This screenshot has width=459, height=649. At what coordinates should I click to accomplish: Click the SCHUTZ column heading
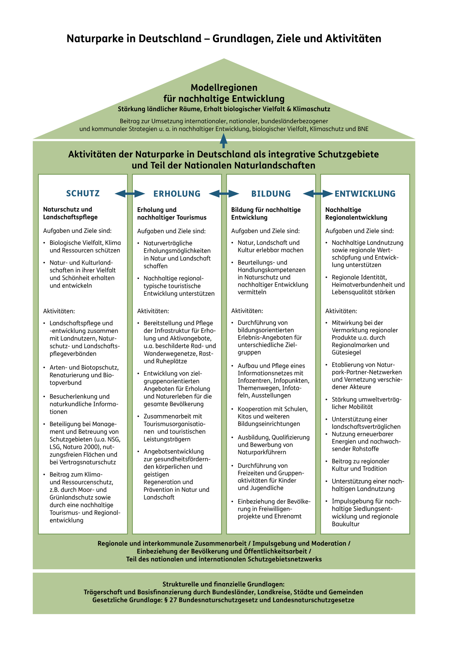click(x=83, y=193)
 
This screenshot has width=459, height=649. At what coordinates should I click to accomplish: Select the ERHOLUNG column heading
click(x=177, y=194)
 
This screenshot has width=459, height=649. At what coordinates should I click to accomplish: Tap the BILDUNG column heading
click(x=271, y=194)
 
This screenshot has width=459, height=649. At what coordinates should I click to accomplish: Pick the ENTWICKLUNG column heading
click(x=365, y=194)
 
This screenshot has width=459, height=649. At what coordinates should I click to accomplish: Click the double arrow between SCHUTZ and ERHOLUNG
click(x=130, y=194)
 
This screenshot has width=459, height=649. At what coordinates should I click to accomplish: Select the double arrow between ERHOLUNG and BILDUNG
click(x=224, y=194)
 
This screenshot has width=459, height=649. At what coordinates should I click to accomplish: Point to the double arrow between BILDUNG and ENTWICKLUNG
click(x=318, y=194)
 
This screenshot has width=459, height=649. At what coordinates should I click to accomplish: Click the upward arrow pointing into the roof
click(x=223, y=141)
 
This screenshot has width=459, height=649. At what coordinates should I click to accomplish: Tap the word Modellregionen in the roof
click(x=224, y=88)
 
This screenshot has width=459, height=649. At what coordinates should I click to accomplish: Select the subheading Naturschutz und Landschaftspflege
click(x=70, y=213)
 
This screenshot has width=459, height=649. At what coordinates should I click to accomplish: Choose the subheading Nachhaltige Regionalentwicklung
click(x=356, y=214)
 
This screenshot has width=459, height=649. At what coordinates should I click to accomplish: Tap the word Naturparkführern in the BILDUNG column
click(x=262, y=452)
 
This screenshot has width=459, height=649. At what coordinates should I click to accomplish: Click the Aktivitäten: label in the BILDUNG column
click(x=247, y=311)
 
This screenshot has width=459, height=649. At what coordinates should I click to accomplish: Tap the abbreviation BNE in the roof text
click(x=363, y=129)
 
